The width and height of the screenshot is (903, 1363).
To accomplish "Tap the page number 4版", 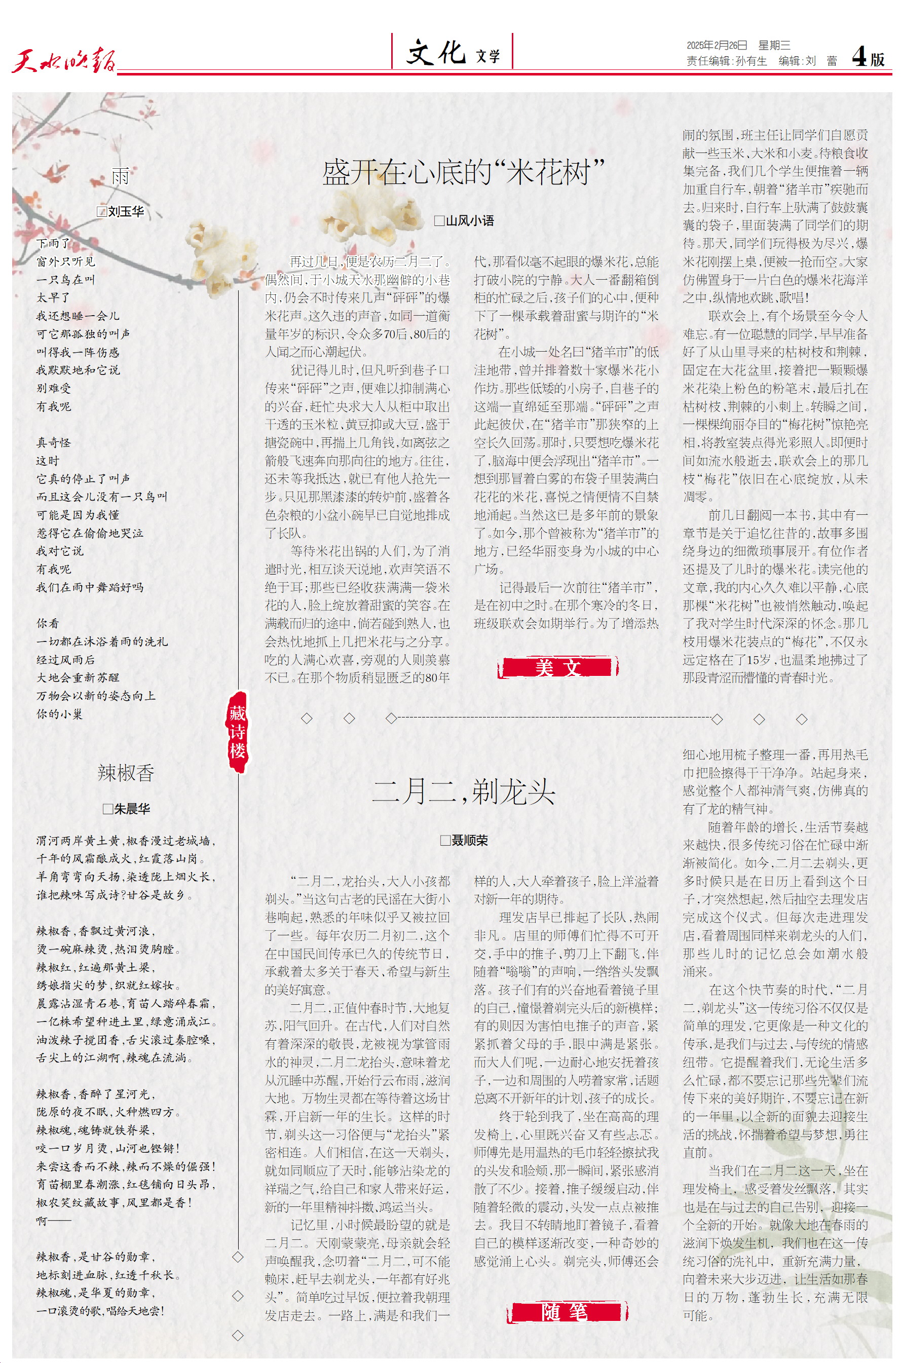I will click(x=868, y=58).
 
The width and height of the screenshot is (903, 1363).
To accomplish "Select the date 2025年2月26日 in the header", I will click(x=717, y=46).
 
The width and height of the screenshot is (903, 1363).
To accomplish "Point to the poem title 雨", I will click(x=121, y=176).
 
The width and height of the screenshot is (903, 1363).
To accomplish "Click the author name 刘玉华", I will click(x=126, y=211).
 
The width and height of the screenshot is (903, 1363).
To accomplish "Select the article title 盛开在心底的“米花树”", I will click(x=463, y=172).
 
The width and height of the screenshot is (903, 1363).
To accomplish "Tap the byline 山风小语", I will click(x=469, y=220).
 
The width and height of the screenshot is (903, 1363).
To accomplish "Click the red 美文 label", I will click(x=557, y=667).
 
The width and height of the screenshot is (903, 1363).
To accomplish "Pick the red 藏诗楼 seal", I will click(x=237, y=732).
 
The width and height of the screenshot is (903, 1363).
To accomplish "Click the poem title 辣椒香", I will click(x=126, y=773).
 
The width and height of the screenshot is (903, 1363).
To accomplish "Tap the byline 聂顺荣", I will click(x=469, y=840).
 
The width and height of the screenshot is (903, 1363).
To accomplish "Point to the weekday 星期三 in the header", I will click(x=774, y=46).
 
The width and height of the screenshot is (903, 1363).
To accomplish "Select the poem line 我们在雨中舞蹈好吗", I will click(x=90, y=587).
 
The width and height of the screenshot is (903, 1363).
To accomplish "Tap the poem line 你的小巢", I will click(x=59, y=714).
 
